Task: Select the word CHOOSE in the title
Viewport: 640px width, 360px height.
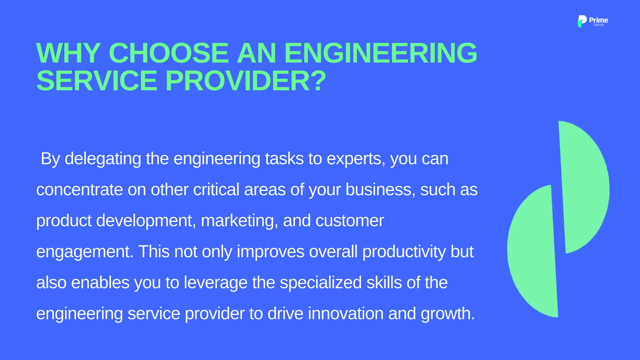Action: (168, 53)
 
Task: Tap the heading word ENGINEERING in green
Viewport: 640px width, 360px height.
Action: (380, 53)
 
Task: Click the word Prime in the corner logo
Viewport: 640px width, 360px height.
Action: (598, 20)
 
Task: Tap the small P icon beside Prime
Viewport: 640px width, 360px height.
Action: (582, 21)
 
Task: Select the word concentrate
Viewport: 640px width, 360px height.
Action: (79, 190)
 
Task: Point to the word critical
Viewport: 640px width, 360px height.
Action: (216, 190)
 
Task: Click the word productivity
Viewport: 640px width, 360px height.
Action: (404, 252)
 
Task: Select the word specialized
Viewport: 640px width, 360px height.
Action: (321, 282)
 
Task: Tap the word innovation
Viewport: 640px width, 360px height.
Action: (346, 313)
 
